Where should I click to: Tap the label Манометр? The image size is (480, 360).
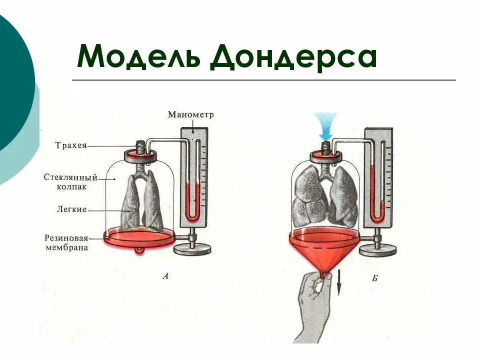tap(190, 114)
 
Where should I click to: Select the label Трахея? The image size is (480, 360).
tap(71, 145)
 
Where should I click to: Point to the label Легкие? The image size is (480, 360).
tap(71, 210)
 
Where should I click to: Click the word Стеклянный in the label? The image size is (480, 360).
tap(70, 177)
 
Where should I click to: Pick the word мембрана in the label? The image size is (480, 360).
tap(65, 247)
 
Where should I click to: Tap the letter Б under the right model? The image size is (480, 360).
tap(374, 278)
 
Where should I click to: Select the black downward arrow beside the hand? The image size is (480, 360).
tap(338, 286)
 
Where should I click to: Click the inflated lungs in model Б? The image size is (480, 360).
tap(326, 195)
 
